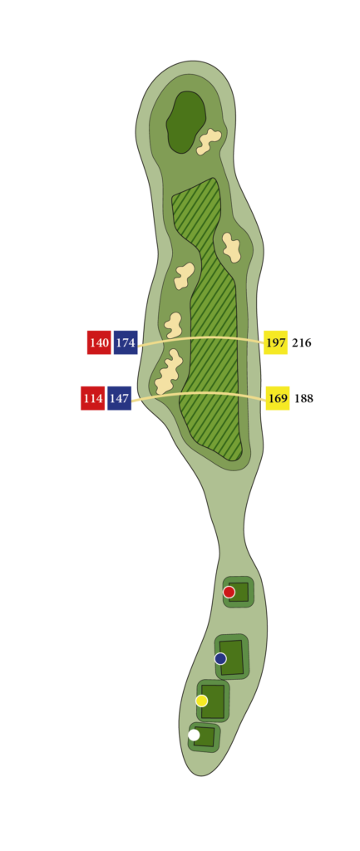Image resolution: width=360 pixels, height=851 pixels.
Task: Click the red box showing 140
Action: click(x=99, y=342)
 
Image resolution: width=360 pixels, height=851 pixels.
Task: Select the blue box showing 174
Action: click(x=126, y=342)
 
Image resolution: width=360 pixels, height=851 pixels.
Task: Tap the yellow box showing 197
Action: click(x=275, y=342)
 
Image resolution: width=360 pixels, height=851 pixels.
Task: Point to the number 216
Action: click(x=301, y=342)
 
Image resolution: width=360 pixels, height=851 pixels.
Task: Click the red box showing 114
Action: click(x=93, y=398)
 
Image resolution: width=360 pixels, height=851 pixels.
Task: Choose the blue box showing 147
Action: click(x=120, y=398)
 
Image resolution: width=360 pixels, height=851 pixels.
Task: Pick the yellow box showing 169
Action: click(x=278, y=398)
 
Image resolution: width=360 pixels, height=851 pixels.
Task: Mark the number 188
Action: click(x=303, y=398)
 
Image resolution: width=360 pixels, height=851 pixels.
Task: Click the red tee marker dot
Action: click(x=229, y=592)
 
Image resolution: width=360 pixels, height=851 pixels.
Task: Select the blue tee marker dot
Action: click(x=220, y=658)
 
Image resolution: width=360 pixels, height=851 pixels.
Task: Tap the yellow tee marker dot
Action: click(x=201, y=701)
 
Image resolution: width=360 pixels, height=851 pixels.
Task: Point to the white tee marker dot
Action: click(x=194, y=735)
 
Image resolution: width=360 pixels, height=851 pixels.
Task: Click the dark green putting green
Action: click(x=185, y=122)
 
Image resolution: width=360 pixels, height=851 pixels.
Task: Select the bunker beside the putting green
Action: click(x=209, y=141)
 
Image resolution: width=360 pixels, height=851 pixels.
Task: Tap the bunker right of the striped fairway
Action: click(x=232, y=248)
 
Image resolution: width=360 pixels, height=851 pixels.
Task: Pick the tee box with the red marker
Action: click(x=239, y=592)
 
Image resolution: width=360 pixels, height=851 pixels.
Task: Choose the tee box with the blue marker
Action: click(x=232, y=657)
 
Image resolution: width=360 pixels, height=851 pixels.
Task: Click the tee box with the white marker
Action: click(x=205, y=736)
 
